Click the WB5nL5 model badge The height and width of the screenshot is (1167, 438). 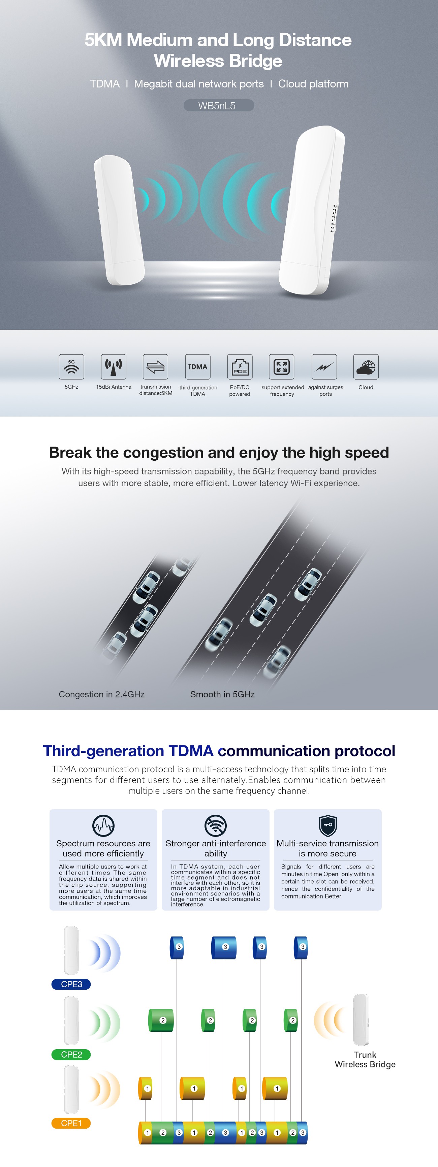[x=219, y=106]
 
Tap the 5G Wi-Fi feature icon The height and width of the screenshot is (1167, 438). [x=71, y=366]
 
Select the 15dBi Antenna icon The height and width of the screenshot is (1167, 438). [x=113, y=366]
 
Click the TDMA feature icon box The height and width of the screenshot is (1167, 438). [x=198, y=366]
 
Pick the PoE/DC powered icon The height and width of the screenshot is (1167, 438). [x=240, y=366]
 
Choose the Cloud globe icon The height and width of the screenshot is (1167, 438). [x=366, y=366]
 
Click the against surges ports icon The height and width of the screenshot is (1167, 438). [x=324, y=366]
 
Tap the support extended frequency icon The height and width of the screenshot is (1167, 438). [x=282, y=366]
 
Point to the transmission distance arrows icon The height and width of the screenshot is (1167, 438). [x=156, y=366]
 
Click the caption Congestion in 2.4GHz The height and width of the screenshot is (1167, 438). [x=101, y=694]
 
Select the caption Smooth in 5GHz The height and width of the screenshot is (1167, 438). [x=222, y=694]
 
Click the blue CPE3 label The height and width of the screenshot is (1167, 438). [x=71, y=984]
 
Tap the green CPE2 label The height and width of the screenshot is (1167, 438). [x=71, y=1054]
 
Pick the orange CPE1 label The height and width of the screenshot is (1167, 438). [x=71, y=1123]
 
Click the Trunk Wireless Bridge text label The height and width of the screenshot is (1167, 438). [x=365, y=1059]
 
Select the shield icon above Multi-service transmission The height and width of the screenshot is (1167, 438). [x=328, y=825]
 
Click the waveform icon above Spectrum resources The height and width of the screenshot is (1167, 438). [x=103, y=825]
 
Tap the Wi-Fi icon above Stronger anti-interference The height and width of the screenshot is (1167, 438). [x=215, y=825]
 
